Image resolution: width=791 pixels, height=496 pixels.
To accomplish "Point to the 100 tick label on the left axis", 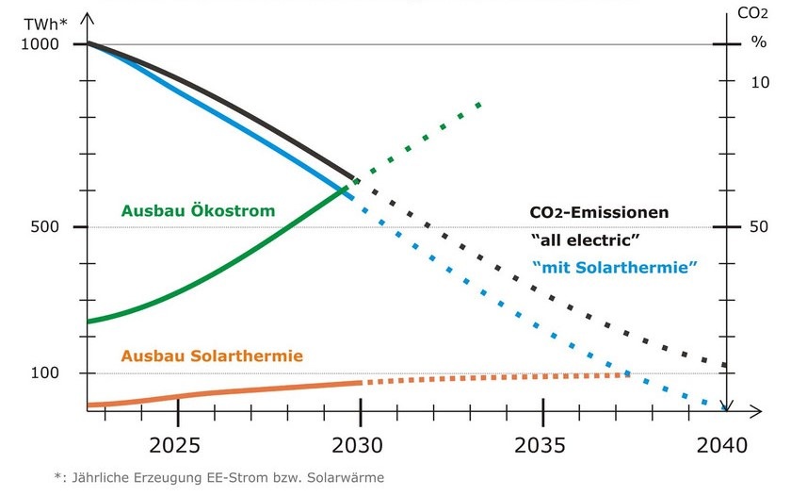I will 44,373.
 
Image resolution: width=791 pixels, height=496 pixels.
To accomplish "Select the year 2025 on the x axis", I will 178,444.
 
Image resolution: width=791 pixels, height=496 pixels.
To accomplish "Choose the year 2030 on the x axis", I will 361,444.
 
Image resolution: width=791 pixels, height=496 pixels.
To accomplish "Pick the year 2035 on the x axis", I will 542,444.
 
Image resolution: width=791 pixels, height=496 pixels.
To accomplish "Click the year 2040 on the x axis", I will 724,444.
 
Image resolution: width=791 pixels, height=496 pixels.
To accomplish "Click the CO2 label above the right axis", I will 753,13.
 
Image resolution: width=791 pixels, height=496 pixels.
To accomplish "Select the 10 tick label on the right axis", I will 759,82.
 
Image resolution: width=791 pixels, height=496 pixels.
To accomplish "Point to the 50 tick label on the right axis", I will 759,227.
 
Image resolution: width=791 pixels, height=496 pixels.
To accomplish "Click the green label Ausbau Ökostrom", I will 198,210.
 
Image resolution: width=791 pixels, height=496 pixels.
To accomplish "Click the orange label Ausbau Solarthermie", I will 211,355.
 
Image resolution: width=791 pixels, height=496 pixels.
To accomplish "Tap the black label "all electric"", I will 586,240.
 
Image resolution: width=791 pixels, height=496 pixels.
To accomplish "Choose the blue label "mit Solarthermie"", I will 614,267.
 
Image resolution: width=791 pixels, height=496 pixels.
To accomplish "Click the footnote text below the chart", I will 218,477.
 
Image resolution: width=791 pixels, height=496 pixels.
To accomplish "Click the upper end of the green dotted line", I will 479,104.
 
